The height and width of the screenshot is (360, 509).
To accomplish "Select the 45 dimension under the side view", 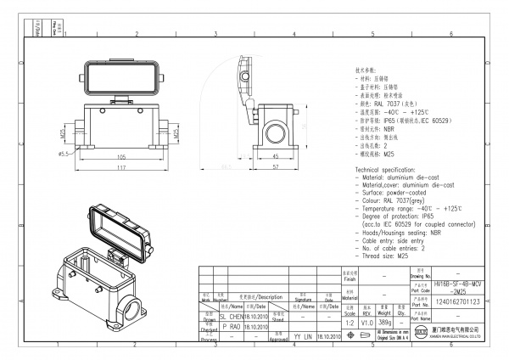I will click(x=276, y=157).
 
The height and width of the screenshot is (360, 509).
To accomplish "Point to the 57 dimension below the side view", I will click(x=277, y=168).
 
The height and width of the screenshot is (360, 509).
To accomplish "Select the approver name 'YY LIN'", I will click(x=303, y=336).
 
